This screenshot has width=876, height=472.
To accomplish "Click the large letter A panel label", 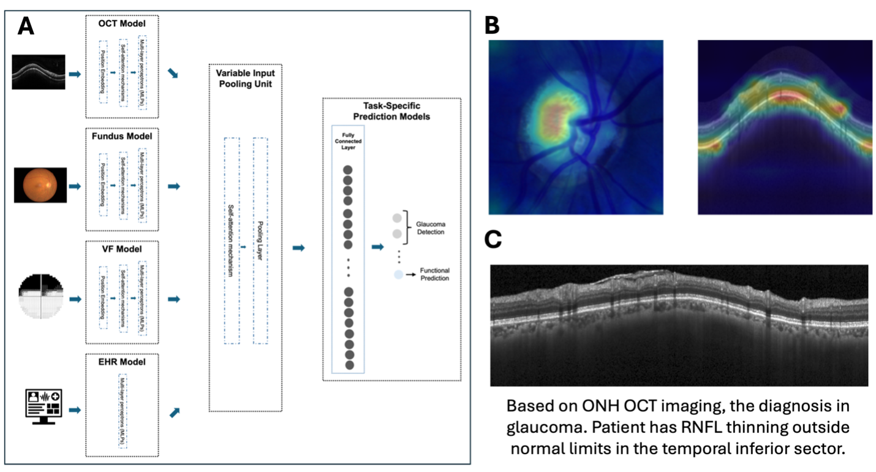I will pos(26,26).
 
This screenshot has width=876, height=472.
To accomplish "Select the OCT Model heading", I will pos(121,23).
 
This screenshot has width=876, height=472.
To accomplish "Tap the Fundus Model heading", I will pos(121,136).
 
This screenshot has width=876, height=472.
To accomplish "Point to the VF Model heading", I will pos(121,249).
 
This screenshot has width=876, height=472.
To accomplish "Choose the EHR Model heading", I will pos(121,362).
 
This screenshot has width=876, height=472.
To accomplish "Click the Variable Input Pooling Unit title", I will pos(245,78).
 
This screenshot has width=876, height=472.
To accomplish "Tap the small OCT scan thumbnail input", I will pos(39,72).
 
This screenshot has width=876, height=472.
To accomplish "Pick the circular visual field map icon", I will pos(40,297).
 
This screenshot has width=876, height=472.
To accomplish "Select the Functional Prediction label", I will pos(434,274).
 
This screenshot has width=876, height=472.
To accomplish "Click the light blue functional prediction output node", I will pos(398,275).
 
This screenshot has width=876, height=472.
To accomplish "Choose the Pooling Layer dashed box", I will pos(260,240).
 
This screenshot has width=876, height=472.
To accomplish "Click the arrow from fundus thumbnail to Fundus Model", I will pos(75,186).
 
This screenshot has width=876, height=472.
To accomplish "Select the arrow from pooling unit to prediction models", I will pos(298,248).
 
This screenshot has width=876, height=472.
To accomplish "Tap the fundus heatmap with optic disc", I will pos(576,128).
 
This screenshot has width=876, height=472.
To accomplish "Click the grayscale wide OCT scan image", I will pos(679,325).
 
